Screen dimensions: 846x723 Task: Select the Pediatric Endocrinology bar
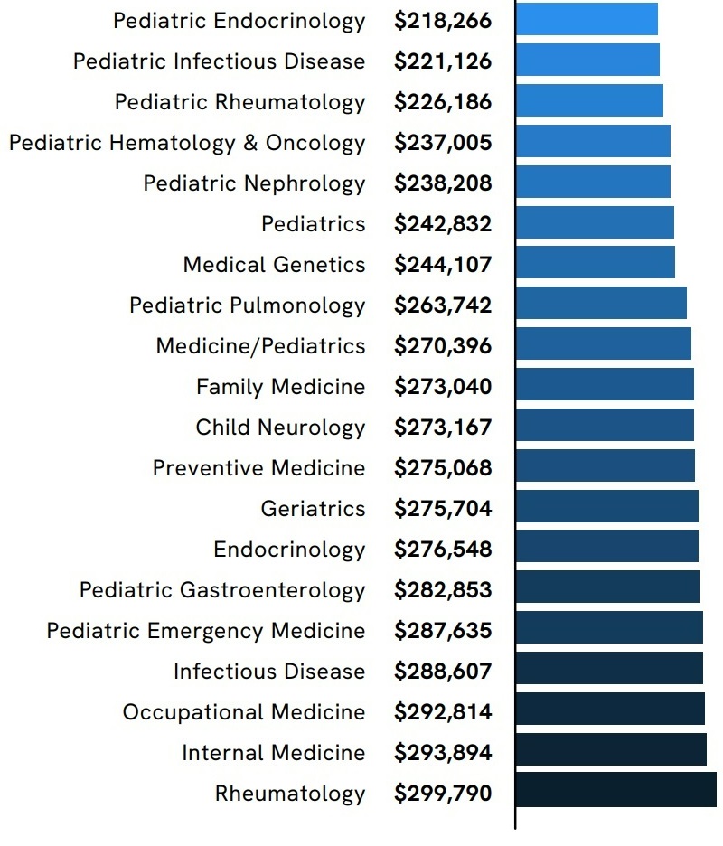click(x=587, y=19)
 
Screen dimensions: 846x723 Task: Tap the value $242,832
click(x=443, y=224)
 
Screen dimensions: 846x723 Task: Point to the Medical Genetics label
click(x=274, y=265)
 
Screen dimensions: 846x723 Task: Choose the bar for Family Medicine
click(x=605, y=385)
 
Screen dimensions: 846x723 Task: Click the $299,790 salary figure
click(x=443, y=794)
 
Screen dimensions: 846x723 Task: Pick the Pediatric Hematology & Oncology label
click(x=187, y=143)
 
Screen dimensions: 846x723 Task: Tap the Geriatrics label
click(x=313, y=509)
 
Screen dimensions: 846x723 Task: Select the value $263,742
click(x=443, y=305)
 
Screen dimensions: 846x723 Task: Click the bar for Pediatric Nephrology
click(x=593, y=182)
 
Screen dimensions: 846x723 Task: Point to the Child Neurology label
click(x=280, y=428)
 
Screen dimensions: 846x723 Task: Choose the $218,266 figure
click(x=443, y=21)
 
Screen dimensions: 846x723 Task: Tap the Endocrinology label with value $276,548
click(x=289, y=550)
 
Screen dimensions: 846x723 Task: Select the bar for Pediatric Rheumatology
click(x=589, y=100)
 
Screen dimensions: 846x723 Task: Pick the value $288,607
click(x=443, y=672)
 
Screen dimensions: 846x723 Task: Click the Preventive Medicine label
click(x=258, y=468)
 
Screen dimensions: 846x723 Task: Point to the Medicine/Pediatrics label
click(x=260, y=346)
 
